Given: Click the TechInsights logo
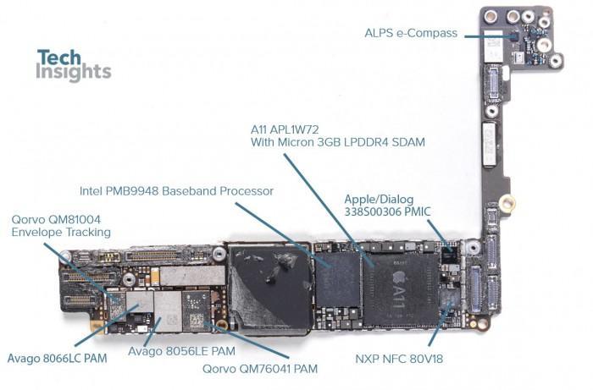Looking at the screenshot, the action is (x=74, y=64).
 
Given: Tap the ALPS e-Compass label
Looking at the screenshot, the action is (x=411, y=33).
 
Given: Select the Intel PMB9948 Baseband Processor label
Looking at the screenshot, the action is (x=176, y=191).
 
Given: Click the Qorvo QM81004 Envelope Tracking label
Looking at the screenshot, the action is (x=61, y=226).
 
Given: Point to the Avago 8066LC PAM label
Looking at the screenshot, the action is (x=57, y=358).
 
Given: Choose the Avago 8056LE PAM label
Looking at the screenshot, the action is (x=181, y=351).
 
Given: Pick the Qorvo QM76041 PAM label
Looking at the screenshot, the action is (x=260, y=369).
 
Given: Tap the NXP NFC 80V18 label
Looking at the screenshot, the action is (x=399, y=359).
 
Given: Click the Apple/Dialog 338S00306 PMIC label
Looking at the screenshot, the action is (x=387, y=206).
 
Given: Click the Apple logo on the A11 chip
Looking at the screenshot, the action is (x=399, y=278).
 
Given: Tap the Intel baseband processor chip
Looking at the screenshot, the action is (x=338, y=279).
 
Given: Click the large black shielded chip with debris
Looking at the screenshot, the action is (x=269, y=288).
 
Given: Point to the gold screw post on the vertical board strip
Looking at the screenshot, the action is (x=507, y=203).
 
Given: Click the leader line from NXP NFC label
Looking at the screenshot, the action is (x=440, y=323).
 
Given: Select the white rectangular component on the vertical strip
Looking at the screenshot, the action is (x=490, y=144).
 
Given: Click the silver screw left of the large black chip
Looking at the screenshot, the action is (x=219, y=253).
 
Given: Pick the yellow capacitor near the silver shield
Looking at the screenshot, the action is (x=155, y=277).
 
